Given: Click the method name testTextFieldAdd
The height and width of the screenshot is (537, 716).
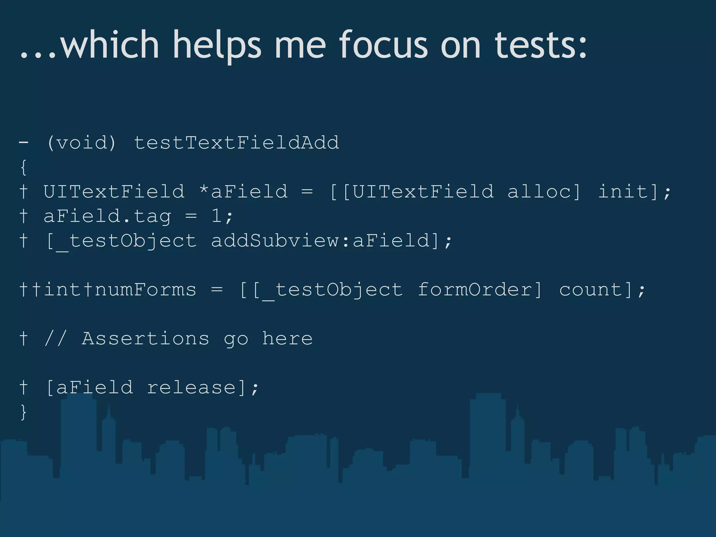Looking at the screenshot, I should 236,143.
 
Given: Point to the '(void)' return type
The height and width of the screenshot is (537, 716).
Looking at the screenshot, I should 81,143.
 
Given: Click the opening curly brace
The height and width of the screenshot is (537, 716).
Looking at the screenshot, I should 23,167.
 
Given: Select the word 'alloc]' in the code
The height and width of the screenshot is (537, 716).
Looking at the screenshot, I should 544,192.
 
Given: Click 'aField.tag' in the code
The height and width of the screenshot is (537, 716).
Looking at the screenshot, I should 107,216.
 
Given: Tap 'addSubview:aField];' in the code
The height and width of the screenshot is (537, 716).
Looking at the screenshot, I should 331,241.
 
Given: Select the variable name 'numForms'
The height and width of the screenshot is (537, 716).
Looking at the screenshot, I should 145,289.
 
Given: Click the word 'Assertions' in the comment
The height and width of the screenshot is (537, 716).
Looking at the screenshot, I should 145,338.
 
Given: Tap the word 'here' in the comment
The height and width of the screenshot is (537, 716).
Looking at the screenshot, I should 287,338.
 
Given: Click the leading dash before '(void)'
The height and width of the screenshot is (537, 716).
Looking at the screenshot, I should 23,143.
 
